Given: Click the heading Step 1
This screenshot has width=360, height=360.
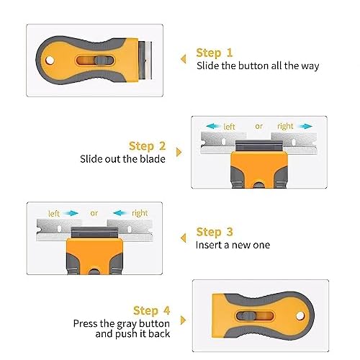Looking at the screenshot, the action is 215,53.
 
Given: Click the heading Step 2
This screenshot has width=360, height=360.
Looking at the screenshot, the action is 147,146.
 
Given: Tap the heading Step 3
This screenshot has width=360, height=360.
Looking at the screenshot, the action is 215,232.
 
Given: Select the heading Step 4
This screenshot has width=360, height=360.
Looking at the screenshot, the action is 151,310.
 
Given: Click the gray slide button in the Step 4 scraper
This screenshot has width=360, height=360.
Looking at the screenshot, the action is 246,316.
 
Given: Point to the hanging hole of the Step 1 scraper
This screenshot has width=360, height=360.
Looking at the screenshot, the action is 50,60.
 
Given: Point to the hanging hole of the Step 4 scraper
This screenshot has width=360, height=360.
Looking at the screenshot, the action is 300,316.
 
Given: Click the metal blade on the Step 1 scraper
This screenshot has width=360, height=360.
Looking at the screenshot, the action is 145,60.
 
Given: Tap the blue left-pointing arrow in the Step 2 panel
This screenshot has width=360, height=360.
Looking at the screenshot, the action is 213,126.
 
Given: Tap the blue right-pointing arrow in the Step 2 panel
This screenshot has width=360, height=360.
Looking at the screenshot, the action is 305,126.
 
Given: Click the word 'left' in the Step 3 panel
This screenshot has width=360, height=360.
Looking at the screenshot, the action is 54,213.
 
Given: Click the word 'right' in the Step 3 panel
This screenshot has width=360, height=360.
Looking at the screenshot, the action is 140,213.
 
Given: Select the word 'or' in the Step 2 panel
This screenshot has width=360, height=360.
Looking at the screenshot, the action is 258,126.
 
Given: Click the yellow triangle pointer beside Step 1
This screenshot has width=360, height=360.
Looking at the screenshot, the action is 184,59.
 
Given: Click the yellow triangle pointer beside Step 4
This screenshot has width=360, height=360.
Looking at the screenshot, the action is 183,320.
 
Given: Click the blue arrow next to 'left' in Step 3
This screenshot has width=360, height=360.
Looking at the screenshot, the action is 71,213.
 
